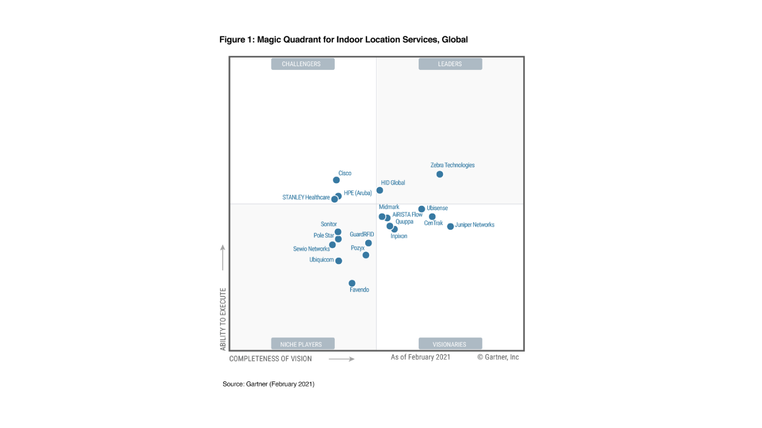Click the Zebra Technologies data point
point(440,175)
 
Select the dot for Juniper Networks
point(451,226)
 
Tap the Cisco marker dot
point(336,180)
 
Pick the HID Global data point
point(380,190)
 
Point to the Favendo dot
point(352,283)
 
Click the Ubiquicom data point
point(339,261)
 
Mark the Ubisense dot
point(421,209)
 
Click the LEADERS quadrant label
point(450,64)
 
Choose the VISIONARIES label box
point(450,344)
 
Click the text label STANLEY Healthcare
point(306,197)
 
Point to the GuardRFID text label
point(362,234)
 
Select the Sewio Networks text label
point(311,249)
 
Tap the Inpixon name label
point(399,236)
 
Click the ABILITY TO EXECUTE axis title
point(223,319)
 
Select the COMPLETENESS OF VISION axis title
point(271,359)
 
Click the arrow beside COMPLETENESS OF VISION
point(341,359)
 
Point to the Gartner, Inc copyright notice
point(498,357)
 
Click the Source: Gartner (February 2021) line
point(269,384)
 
